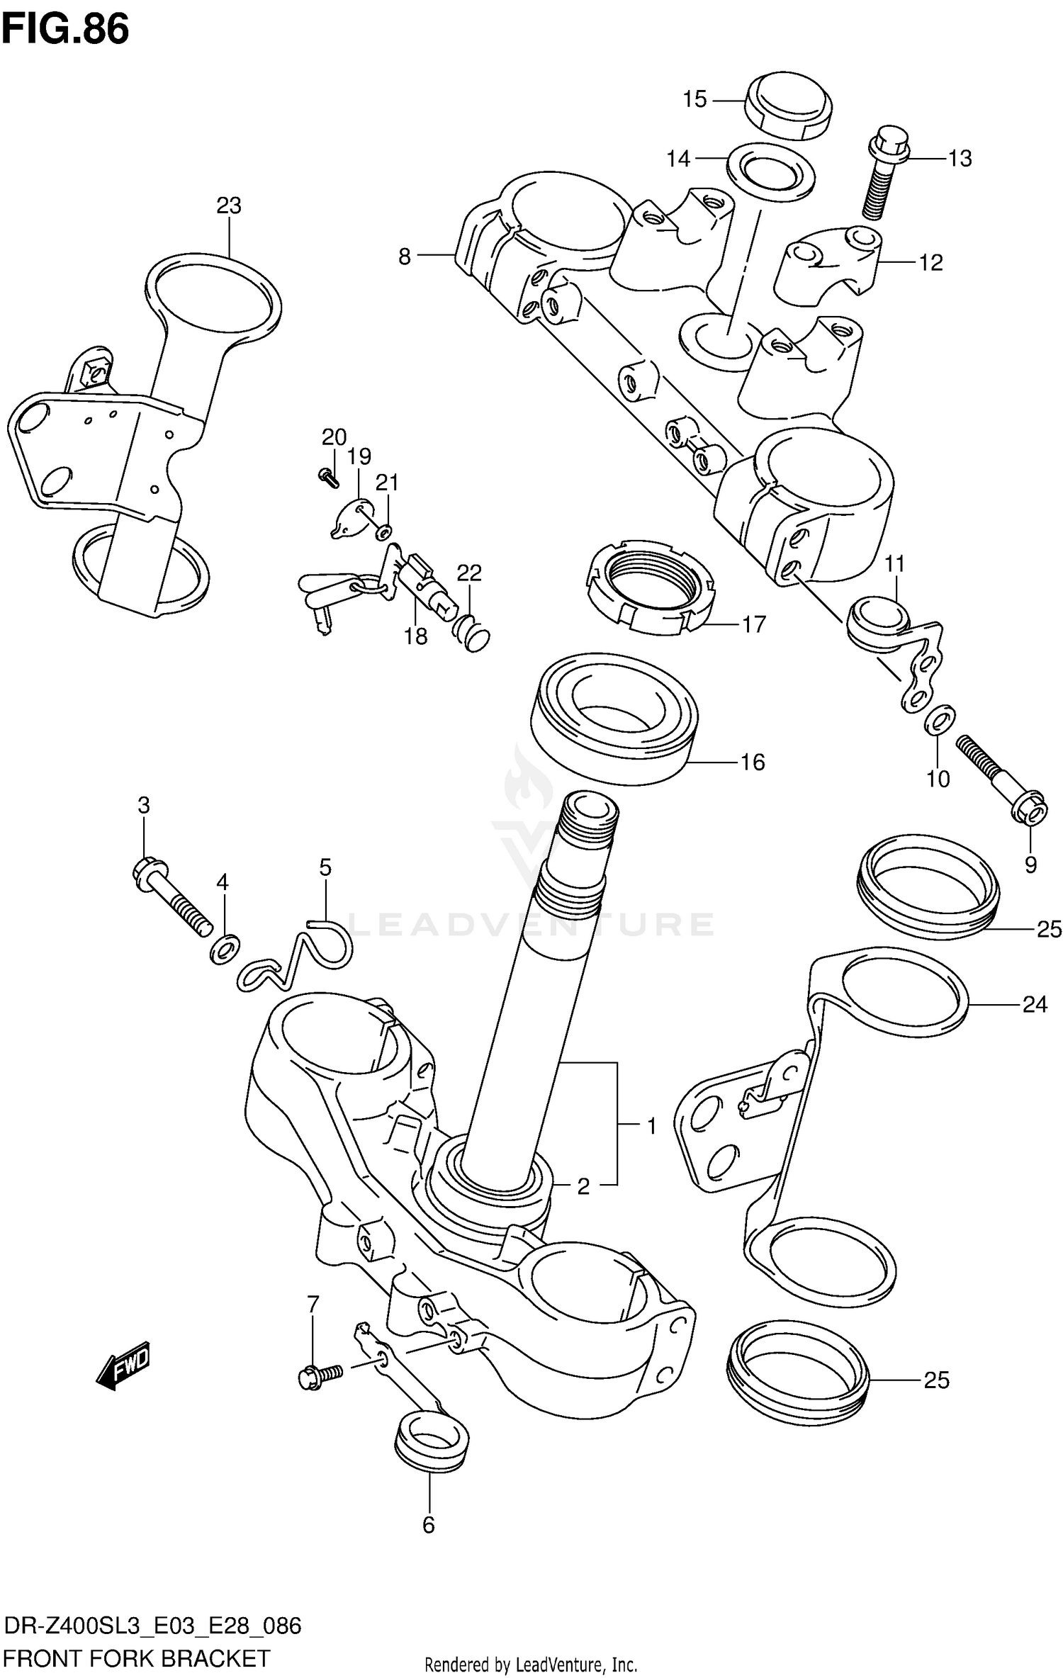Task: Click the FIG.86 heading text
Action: [x=65, y=30]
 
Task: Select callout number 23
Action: [x=229, y=205]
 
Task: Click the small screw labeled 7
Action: [x=320, y=1375]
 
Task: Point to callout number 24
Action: [x=1034, y=1004]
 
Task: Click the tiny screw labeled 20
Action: [x=327, y=477]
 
